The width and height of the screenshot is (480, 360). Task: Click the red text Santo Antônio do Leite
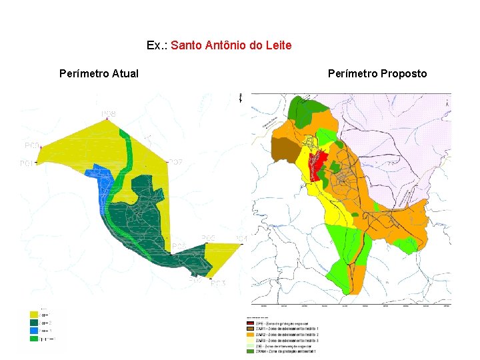pos(231,45)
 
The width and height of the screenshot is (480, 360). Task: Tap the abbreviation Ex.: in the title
pos(157,45)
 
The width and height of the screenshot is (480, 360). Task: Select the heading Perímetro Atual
pos(99,73)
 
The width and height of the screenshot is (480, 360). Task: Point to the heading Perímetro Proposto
pos(377,73)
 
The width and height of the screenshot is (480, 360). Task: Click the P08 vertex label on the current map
pos(109,115)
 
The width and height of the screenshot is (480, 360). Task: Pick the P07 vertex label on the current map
pos(175,163)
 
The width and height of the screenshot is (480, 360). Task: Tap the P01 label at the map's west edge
pos(27,163)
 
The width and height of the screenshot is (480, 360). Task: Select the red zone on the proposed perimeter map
pos(317,162)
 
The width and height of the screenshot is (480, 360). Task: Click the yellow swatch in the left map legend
pos(33,314)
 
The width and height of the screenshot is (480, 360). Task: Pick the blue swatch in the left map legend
pos(33,330)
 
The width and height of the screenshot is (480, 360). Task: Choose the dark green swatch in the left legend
pos(33,322)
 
